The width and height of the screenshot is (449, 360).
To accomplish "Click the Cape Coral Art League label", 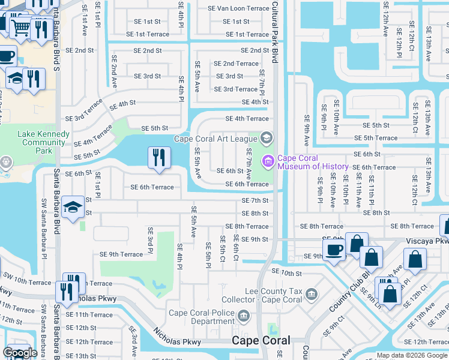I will [215, 139].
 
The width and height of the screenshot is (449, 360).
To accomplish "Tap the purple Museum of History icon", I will [267, 161].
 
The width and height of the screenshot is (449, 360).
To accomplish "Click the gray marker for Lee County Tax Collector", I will [311, 293].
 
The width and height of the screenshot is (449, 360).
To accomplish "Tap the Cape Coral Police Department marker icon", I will [243, 315].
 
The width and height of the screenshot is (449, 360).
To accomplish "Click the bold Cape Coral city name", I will [261, 340].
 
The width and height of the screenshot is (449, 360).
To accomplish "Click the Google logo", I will [20, 353].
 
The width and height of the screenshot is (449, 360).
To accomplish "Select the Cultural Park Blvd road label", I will [276, 33].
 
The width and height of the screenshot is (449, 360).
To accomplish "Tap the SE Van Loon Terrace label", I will [238, 9].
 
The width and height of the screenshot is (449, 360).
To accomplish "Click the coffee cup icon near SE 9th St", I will [334, 250].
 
